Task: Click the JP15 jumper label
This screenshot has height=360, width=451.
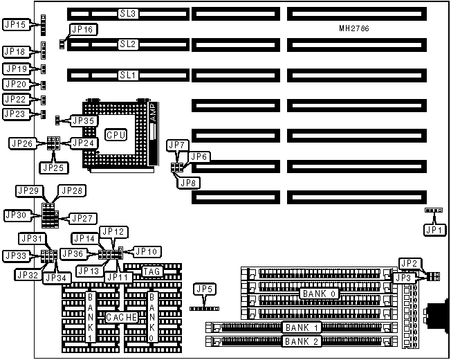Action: point(15,25)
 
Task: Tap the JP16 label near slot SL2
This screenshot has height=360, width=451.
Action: point(82,30)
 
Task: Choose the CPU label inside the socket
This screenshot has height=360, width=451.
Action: point(115,134)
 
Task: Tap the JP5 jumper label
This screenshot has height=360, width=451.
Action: point(203,289)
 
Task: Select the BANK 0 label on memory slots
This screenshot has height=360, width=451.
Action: point(319,294)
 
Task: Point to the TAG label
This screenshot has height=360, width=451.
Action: point(152,271)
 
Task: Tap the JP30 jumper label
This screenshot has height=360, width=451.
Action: point(16,215)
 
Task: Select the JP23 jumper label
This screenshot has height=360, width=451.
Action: point(15,114)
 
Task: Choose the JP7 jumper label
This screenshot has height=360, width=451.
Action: point(177,145)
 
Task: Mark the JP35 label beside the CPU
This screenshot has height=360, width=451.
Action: point(83,120)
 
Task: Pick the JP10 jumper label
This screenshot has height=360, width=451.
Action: point(146,251)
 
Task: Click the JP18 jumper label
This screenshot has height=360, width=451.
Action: point(15,52)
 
